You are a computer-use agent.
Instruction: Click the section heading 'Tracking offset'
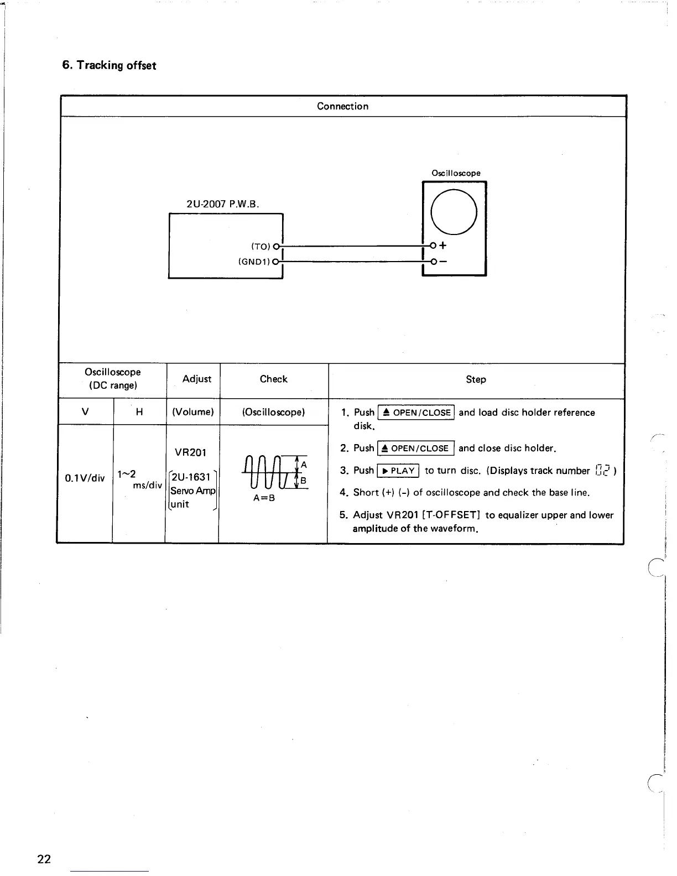click(x=109, y=65)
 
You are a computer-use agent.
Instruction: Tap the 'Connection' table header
click(x=342, y=106)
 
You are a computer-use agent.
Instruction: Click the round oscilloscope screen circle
click(x=454, y=211)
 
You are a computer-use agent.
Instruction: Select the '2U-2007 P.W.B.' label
click(x=223, y=204)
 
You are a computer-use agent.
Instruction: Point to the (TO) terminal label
click(x=261, y=246)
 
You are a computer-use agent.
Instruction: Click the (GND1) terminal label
click(x=254, y=261)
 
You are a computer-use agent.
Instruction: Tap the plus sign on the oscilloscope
click(x=443, y=246)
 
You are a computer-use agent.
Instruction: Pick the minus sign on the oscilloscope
click(x=443, y=261)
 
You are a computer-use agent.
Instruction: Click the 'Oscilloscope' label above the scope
click(x=456, y=173)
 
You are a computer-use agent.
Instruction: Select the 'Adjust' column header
click(x=197, y=379)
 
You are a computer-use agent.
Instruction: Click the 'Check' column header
click(x=273, y=379)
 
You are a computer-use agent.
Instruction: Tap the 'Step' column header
click(x=476, y=379)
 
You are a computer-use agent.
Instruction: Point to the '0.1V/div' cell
click(x=85, y=478)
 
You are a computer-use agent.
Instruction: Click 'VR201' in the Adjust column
click(x=190, y=452)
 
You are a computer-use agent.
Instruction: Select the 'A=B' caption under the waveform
click(x=264, y=498)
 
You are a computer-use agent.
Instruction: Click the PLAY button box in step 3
click(x=398, y=471)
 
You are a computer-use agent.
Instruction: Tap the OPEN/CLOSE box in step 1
click(x=415, y=413)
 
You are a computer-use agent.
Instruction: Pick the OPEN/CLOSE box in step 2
click(x=415, y=448)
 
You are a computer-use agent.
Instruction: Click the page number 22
click(x=44, y=858)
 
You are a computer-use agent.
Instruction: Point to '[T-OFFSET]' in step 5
click(x=450, y=515)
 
